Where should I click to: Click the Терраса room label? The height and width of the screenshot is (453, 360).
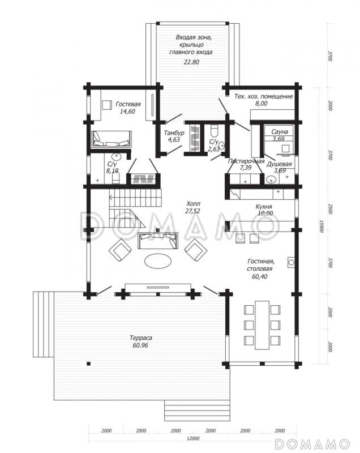140,337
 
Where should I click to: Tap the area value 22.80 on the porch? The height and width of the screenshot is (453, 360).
191,62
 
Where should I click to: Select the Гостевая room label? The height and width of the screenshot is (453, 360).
128,104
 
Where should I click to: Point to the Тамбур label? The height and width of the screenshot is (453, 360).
174,133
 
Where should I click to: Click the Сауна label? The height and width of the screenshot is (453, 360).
280,132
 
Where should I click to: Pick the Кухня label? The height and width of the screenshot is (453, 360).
264,207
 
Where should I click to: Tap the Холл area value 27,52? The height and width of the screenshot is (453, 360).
192,211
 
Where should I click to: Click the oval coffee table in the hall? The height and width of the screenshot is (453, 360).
158,261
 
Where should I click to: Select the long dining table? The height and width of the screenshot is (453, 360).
262,325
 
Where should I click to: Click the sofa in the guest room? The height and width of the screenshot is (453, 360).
112,139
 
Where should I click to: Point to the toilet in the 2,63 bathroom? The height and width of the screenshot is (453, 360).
214,131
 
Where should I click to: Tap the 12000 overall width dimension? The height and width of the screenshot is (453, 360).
193,438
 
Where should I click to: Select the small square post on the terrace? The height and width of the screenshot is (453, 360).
89,364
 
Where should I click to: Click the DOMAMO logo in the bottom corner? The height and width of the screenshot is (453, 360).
312,443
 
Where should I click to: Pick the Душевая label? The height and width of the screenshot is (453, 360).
279,164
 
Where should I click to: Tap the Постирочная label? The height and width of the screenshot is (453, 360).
246,161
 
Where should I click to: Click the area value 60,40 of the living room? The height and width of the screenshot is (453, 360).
260,276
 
